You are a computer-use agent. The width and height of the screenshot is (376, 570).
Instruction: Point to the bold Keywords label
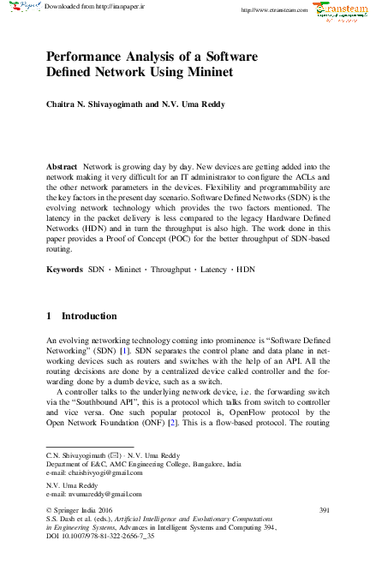(x=65, y=269)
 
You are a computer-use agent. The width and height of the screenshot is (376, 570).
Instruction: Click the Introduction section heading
(x=90, y=316)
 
